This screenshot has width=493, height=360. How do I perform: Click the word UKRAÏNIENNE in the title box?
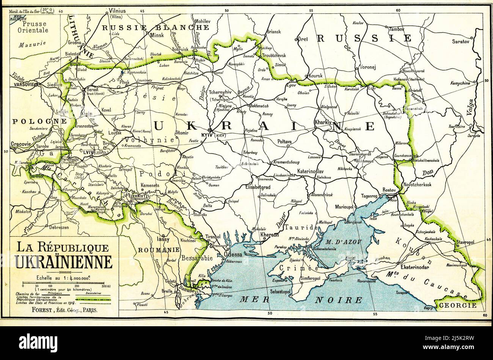coord(64,262)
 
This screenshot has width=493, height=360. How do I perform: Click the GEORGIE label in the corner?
coord(461,305)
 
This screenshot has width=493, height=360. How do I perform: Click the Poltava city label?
coord(284,141)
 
